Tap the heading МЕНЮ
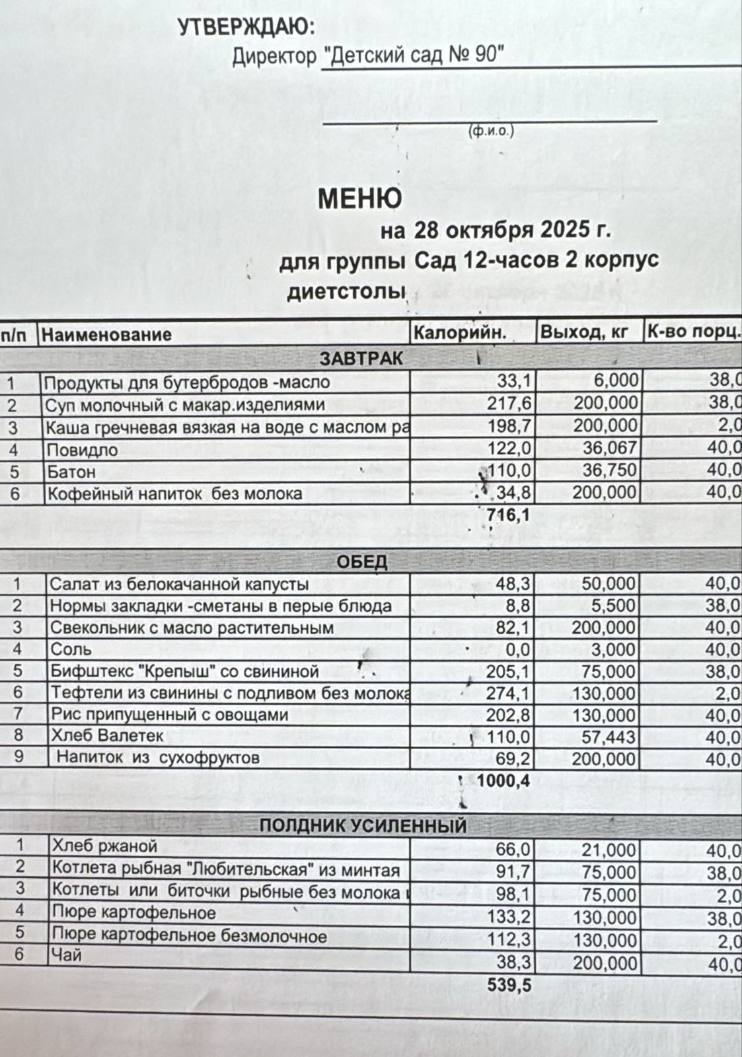coord(359,198)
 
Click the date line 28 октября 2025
coord(495,231)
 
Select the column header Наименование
coord(106,334)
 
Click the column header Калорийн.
coord(460,333)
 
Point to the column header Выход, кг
coord(583,332)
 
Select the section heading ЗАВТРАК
coord(361,359)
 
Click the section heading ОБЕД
coord(362,562)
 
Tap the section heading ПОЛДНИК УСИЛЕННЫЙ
coord(363,826)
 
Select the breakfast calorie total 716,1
coord(507,515)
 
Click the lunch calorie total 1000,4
coord(503,781)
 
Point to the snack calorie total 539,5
coord(509,985)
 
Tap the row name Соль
coord(71,649)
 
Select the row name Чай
coord(67,955)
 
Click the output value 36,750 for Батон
coord(605,471)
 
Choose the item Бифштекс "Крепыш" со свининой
coord(185,672)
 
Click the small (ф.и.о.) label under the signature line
coord(490,131)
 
